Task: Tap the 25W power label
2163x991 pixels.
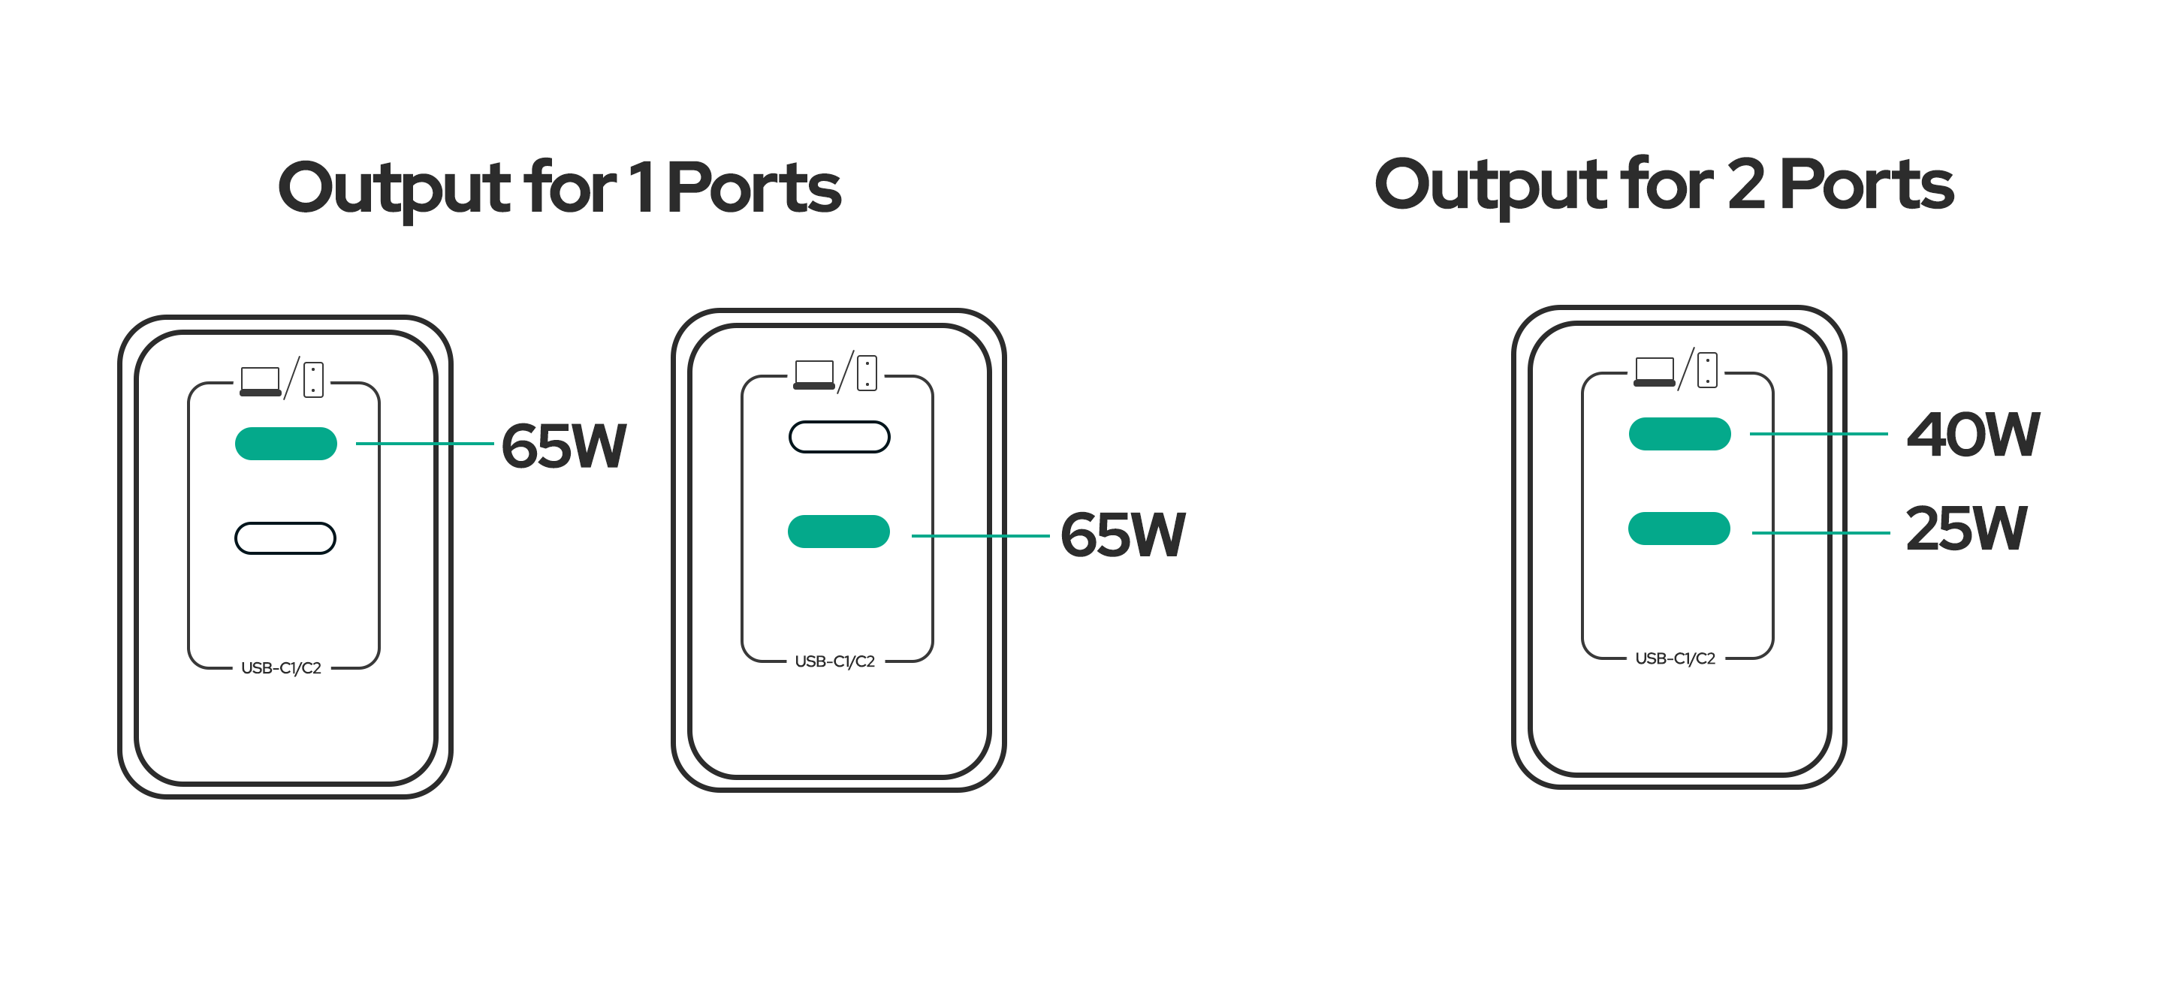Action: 1965,529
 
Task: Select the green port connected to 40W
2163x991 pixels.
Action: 1679,434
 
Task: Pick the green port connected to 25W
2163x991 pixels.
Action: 1679,529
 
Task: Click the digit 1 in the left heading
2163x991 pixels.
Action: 641,186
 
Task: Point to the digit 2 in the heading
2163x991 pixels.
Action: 1745,185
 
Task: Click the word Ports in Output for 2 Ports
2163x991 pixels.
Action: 1866,185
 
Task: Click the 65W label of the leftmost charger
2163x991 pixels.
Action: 563,445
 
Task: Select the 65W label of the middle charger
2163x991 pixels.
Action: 1122,535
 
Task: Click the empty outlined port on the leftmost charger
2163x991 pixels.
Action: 285,538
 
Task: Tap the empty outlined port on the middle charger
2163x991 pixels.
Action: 839,437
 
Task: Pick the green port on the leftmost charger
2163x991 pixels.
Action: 285,444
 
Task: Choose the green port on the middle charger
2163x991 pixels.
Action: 838,532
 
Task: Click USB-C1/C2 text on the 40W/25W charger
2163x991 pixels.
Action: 1675,658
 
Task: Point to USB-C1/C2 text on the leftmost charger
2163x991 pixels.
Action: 282,668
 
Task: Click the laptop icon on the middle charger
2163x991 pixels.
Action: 813,374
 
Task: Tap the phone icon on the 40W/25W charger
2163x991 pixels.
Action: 1707,370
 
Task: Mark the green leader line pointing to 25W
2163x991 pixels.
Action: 1821,533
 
